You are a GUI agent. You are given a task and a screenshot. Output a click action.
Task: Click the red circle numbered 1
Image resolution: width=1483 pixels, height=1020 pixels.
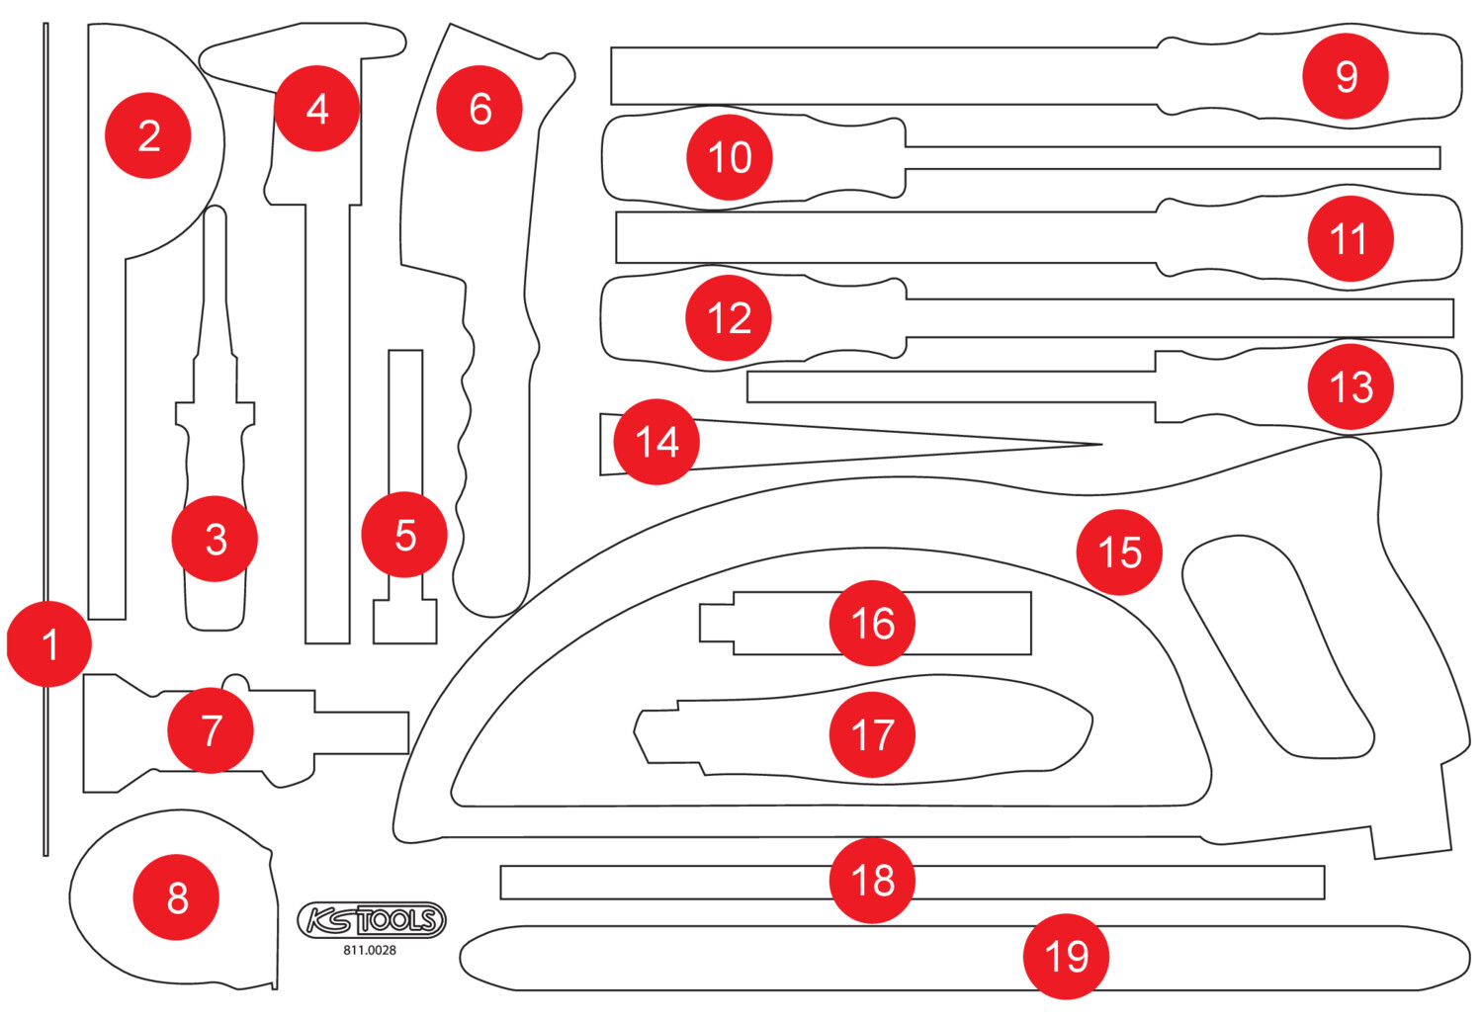(49, 643)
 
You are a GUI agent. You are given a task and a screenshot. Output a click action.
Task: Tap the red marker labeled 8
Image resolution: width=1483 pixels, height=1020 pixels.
(176, 897)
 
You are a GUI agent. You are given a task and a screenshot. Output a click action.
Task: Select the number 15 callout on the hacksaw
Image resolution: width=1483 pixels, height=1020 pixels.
(1119, 552)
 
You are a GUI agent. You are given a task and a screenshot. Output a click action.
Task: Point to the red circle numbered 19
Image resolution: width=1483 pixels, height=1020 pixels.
(1066, 957)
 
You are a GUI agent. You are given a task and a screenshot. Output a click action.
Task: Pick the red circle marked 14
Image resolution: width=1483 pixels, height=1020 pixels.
(656, 442)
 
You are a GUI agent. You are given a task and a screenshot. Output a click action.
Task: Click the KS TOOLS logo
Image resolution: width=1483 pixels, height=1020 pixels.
(372, 920)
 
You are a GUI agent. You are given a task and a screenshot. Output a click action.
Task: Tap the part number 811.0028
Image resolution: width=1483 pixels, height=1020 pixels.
(370, 951)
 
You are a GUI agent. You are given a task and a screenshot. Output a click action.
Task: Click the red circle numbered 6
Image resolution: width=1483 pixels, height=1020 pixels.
(480, 109)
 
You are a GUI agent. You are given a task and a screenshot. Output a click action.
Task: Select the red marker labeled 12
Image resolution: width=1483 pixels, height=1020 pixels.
(729, 317)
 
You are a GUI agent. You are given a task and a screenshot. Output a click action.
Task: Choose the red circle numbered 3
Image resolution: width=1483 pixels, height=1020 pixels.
(215, 539)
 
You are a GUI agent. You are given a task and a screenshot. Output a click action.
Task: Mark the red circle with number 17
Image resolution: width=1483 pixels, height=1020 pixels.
(872, 734)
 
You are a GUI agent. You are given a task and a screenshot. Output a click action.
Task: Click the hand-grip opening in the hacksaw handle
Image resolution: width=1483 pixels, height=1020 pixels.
(1277, 646)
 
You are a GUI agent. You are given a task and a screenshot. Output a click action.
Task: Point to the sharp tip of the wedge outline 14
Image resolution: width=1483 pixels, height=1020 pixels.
(1101, 445)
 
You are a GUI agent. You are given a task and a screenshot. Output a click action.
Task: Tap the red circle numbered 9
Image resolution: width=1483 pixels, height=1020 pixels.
(1346, 76)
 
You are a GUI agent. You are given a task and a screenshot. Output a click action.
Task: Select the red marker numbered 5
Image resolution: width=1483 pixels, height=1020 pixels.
(403, 534)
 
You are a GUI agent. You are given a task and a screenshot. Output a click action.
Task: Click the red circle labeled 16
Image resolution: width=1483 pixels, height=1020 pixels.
(872, 623)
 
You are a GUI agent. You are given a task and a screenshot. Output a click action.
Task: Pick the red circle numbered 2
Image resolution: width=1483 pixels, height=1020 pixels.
(147, 135)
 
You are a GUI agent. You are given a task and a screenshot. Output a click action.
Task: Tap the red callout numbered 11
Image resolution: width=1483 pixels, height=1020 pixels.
(1351, 238)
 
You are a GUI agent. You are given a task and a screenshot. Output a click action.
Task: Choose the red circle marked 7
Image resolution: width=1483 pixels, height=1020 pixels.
(211, 730)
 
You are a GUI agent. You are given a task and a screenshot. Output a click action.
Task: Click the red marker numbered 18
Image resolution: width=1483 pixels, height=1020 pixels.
(872, 881)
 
